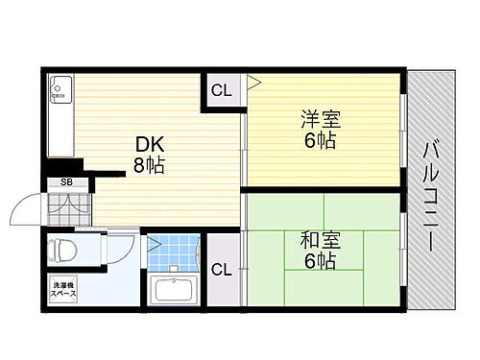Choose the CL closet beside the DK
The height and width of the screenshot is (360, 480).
pyautogui.click(x=221, y=93)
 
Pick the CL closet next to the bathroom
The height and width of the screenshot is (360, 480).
pyautogui.click(x=221, y=269)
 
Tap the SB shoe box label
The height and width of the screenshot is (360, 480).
pyautogui.click(x=66, y=180)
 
